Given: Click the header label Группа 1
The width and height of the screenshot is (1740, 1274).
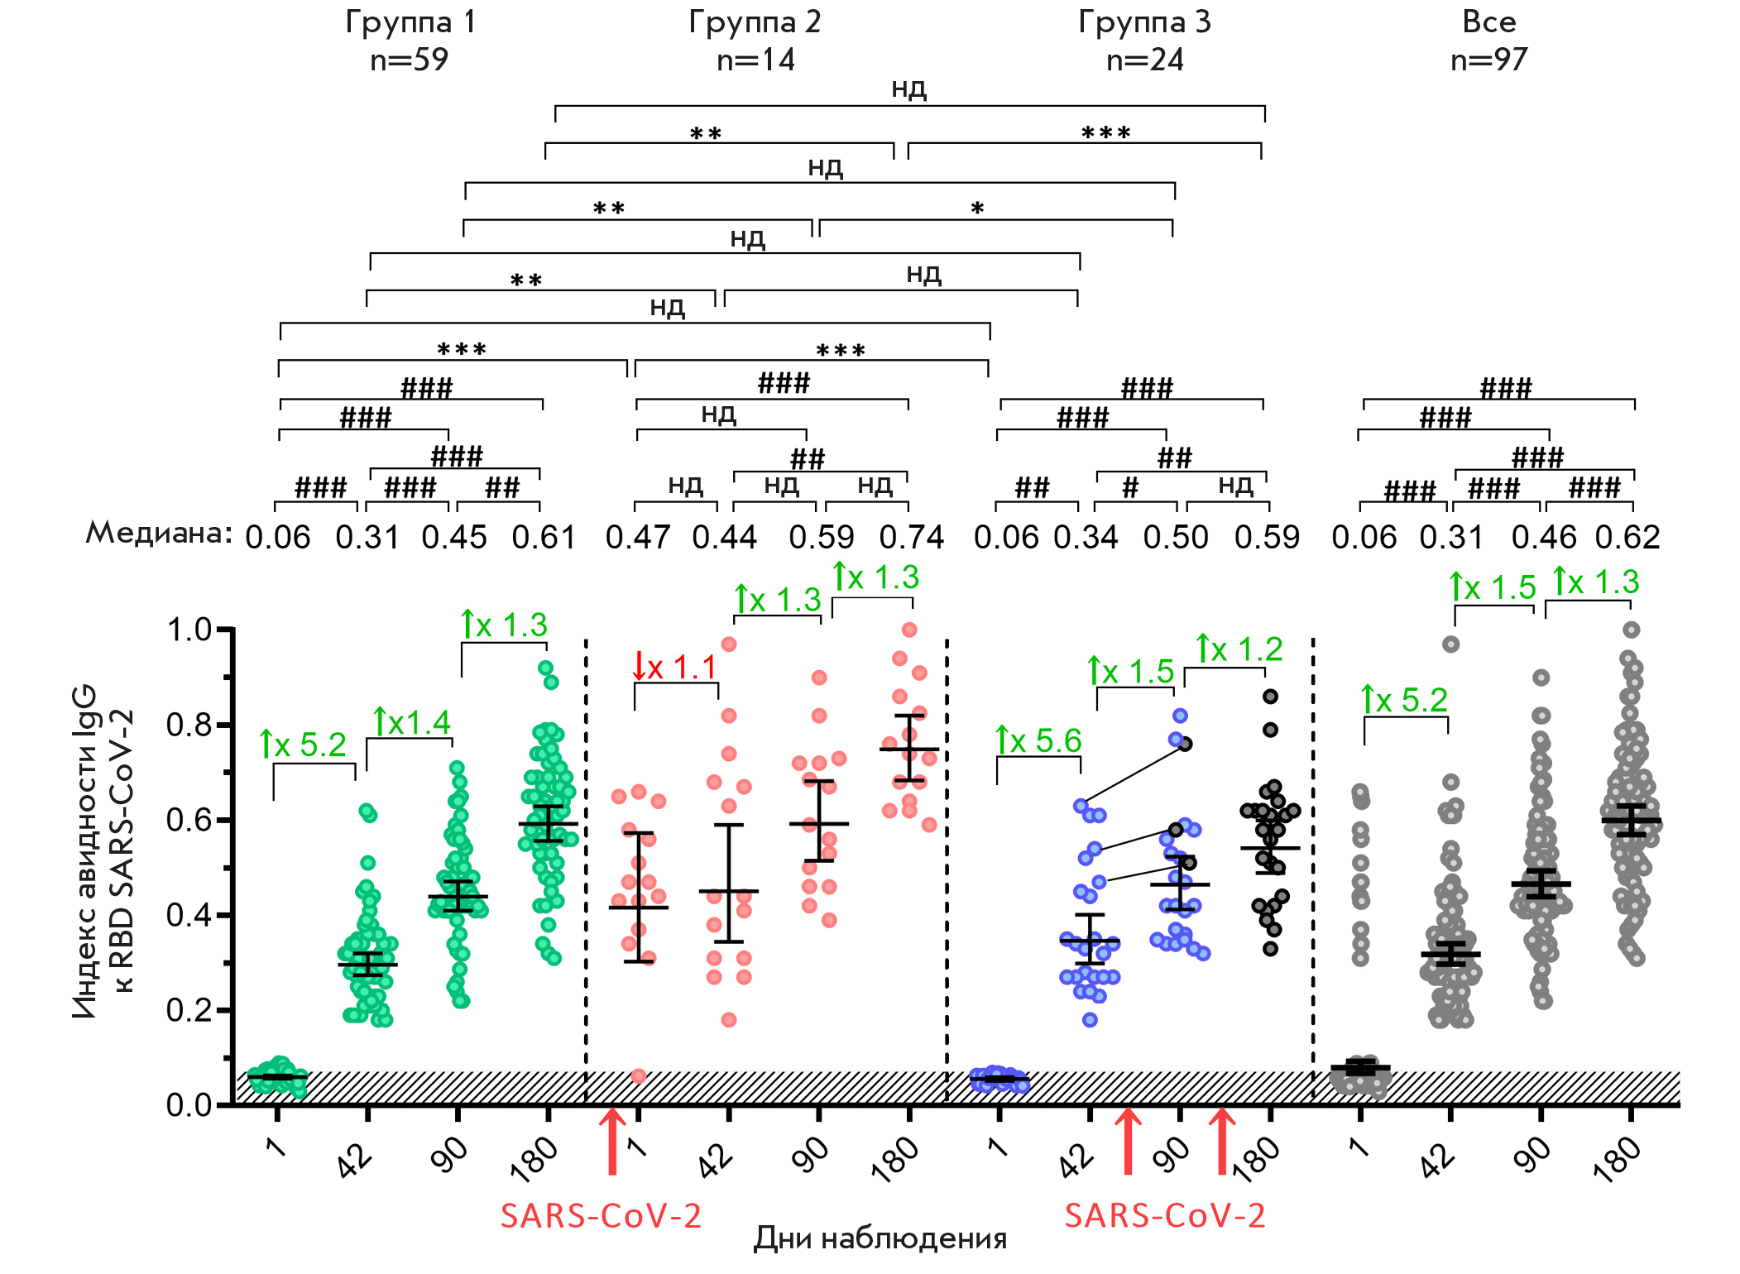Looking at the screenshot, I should click(410, 22).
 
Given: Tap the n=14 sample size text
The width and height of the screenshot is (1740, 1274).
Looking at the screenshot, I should click(755, 60).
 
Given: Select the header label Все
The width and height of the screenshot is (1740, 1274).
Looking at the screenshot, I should click(1488, 22).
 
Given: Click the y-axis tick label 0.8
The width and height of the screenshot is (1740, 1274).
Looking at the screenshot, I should click(189, 726).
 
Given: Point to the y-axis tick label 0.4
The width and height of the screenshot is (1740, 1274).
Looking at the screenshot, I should click(189, 916).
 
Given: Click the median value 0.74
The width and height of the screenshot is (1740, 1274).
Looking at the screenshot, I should click(911, 538).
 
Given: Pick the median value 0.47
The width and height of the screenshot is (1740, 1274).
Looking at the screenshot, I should click(637, 538).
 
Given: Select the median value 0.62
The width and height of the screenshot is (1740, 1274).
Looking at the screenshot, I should click(1627, 538).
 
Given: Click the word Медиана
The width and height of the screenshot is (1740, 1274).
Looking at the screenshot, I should click(158, 534).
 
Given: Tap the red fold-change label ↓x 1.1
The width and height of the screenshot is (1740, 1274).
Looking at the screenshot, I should click(674, 667).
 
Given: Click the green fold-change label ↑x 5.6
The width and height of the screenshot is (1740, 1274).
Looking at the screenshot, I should click(1038, 741).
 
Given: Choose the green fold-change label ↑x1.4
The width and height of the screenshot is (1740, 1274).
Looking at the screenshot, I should click(411, 723).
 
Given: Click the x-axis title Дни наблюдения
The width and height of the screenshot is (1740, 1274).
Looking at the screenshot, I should click(880, 1239).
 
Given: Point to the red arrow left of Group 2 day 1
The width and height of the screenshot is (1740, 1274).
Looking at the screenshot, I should click(612, 1142).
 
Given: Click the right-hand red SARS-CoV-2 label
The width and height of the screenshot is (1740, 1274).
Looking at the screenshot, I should click(1164, 1216).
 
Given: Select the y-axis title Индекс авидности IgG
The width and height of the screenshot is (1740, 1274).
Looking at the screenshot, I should click(85, 852).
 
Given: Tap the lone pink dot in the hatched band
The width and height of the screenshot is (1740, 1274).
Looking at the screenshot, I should click(639, 1076).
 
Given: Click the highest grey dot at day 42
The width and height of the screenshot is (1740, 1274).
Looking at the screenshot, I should click(1450, 644).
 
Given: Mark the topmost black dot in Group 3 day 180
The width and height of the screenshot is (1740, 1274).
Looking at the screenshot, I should click(1271, 697).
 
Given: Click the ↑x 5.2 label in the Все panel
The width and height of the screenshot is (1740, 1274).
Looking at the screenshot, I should click(1404, 701).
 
